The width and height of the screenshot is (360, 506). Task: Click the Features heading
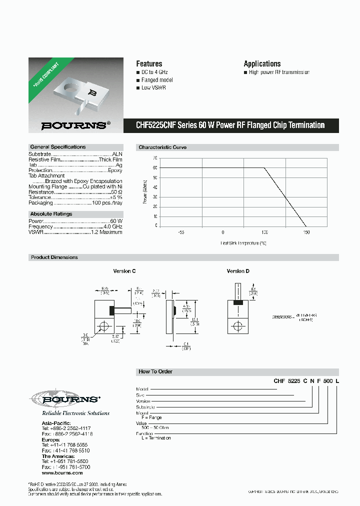pyautogui.click(x=149, y=63)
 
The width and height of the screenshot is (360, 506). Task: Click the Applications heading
pyautogui.click(x=262, y=63)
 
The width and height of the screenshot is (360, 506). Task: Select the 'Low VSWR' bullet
pyautogui.click(x=153, y=87)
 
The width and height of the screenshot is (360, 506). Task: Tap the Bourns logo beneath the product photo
pyautogui.click(x=73, y=125)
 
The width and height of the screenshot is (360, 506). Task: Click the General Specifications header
pyautogui.click(x=58, y=147)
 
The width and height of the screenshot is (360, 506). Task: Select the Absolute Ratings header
pyautogui.click(x=51, y=213)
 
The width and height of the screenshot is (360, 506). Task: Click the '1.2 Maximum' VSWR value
pyautogui.click(x=106, y=232)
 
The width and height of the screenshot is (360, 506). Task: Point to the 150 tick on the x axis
pyautogui.click(x=306, y=232)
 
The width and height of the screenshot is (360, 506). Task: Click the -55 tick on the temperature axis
pyautogui.click(x=180, y=232)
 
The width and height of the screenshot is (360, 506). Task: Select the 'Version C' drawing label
pyautogui.click(x=124, y=271)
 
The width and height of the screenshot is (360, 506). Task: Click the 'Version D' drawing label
pyautogui.click(x=238, y=271)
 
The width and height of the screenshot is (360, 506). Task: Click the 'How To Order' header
pyautogui.click(x=155, y=371)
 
